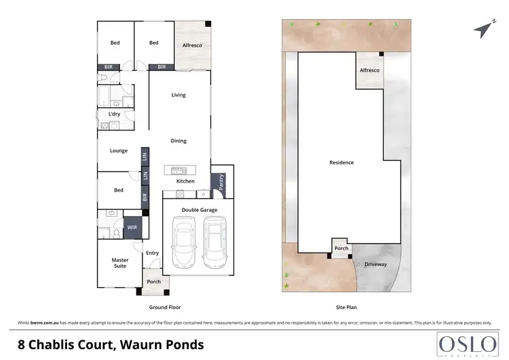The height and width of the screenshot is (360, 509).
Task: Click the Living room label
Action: [178, 95]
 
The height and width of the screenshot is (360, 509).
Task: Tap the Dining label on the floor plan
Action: [178, 141]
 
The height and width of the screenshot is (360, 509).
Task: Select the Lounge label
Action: [119, 151]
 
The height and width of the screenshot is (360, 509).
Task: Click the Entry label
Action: [153, 253]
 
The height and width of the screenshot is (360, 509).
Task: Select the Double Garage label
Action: [200, 211]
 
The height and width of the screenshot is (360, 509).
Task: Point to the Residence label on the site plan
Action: [341, 162]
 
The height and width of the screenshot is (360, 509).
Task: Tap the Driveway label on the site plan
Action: [375, 264]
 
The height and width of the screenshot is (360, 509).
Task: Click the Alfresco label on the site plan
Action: [369, 71]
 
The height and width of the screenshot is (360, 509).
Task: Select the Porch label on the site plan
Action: [341, 249]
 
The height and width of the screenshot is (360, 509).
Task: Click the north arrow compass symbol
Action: [482, 29]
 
